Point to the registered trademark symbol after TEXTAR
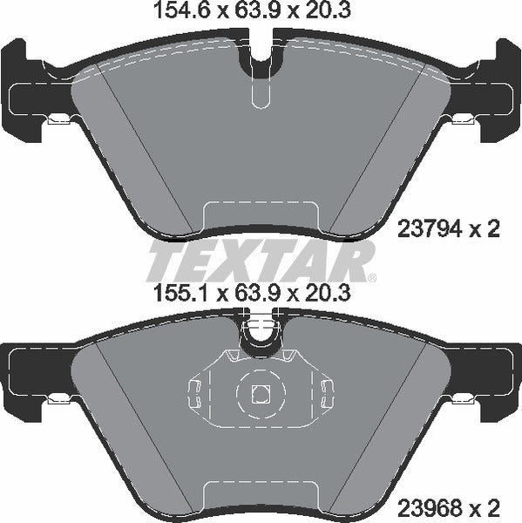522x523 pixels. pyautogui.click(x=372, y=278)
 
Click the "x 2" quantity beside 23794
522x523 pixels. pyautogui.click(x=485, y=230)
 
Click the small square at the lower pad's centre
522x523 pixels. pyautogui.click(x=260, y=394)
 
